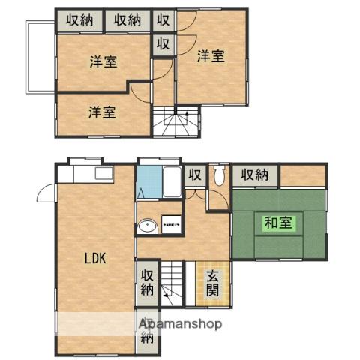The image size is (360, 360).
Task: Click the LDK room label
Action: coord(96,259)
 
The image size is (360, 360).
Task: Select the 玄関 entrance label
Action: coord(213,282)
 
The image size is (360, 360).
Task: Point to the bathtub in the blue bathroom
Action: coord(171,181)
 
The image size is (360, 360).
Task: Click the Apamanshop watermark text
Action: coord(178,325)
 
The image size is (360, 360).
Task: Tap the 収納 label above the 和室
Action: coord(255,175)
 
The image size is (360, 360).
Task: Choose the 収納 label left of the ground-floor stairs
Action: coord(147,282)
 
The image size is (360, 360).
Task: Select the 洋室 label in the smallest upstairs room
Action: coord(102,112)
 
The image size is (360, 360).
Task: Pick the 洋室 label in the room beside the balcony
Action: coord(103,61)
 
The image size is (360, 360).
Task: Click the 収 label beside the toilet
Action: coord(194,175)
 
